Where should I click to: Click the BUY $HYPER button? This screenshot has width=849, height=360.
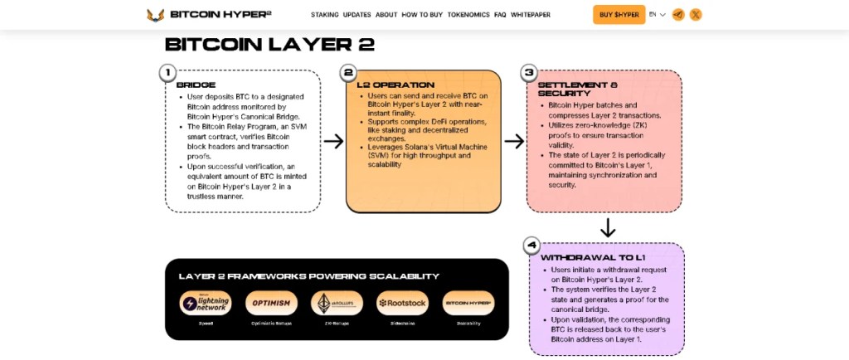pyautogui.click(x=619, y=14)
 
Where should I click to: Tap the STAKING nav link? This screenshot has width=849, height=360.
pyautogui.click(x=324, y=15)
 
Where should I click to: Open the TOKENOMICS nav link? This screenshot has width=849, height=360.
pyautogui.click(x=468, y=15)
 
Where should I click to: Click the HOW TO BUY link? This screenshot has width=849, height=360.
pyautogui.click(x=422, y=15)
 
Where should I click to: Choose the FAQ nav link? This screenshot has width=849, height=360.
pyautogui.click(x=500, y=15)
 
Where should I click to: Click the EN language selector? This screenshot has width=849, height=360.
pyautogui.click(x=657, y=14)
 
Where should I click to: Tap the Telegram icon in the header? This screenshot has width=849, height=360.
pyautogui.click(x=678, y=14)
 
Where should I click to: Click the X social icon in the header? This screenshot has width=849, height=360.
pyautogui.click(x=696, y=14)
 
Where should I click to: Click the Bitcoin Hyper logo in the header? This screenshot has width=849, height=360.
pyautogui.click(x=208, y=14)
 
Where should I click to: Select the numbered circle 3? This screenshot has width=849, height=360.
pyautogui.click(x=529, y=73)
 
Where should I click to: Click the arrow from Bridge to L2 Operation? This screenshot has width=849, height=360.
pyautogui.click(x=333, y=141)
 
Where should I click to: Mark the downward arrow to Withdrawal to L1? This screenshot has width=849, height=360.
pyautogui.click(x=607, y=226)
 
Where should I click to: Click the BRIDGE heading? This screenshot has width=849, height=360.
pyautogui.click(x=196, y=85)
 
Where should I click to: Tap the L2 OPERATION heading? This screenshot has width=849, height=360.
pyautogui.click(x=395, y=85)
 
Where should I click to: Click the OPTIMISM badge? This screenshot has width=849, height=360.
pyautogui.click(x=271, y=303)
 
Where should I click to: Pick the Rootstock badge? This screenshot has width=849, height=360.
pyautogui.click(x=402, y=303)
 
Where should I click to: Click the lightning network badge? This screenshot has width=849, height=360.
pyautogui.click(x=206, y=303)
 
